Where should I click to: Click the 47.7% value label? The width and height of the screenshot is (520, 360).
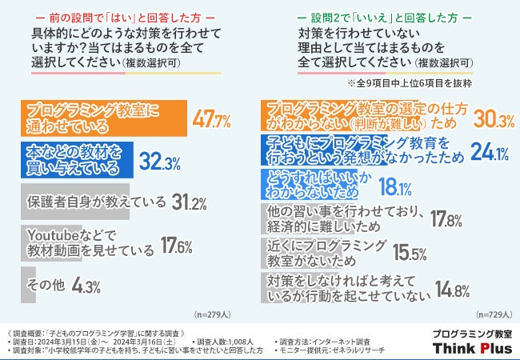(212, 121)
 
